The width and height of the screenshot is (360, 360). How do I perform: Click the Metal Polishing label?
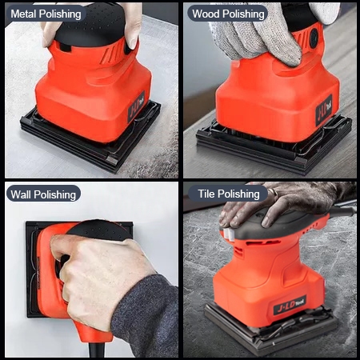(x=46, y=14)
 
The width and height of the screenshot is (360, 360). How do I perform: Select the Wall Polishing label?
(x=43, y=194)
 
